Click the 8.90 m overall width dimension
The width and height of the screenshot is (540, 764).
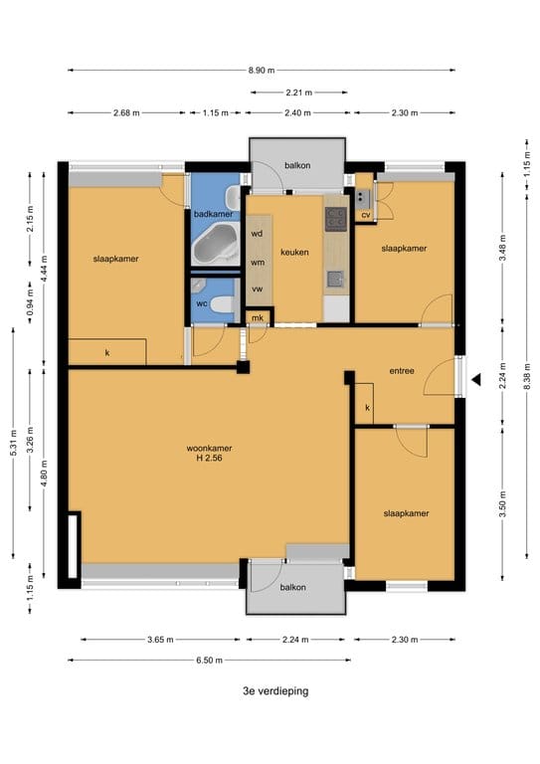pyautogui.click(x=262, y=71)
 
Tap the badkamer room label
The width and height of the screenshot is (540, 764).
pyautogui.click(x=213, y=214)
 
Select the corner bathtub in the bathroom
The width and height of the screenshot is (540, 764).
pyautogui.click(x=215, y=244)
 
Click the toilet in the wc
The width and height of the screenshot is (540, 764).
pyautogui.click(x=224, y=304)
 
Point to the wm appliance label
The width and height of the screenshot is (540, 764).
pyautogui.click(x=258, y=263)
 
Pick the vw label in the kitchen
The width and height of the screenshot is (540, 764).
pyautogui.click(x=258, y=288)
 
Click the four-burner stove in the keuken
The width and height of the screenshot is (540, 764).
pyautogui.click(x=336, y=219)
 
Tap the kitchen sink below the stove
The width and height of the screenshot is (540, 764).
pyautogui.click(x=335, y=279)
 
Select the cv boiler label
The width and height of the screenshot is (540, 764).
pyautogui.click(x=366, y=215)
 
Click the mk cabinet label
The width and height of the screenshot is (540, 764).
pyautogui.click(x=258, y=317)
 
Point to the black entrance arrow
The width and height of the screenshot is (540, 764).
pyautogui.click(x=475, y=380)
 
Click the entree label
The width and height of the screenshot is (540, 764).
pyautogui.click(x=402, y=371)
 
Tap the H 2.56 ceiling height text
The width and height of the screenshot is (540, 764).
pyautogui.click(x=210, y=458)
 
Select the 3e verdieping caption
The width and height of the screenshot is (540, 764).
pyautogui.click(x=275, y=691)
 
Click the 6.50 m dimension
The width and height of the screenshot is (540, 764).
pyautogui.click(x=210, y=661)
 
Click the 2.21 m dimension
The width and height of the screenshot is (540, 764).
pyautogui.click(x=299, y=92)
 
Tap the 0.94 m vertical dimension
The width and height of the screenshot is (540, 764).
pyautogui.click(x=30, y=303)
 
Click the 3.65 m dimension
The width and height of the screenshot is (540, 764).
pyautogui.click(x=160, y=640)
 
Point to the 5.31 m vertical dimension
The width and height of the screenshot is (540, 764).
pyautogui.click(x=13, y=443)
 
